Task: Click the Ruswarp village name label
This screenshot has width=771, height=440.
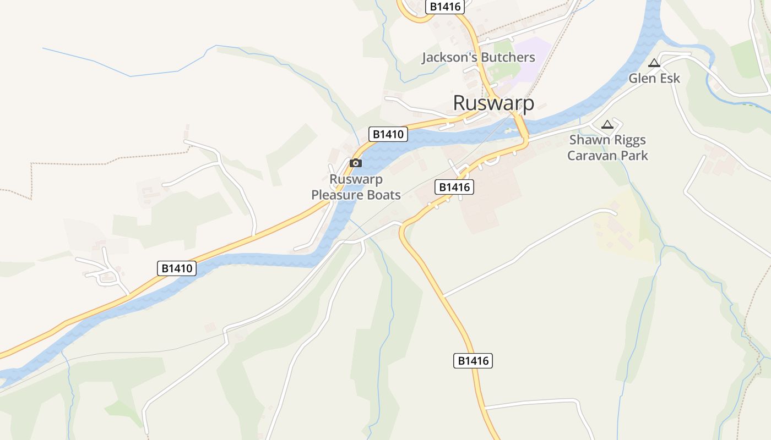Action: coord(493,103)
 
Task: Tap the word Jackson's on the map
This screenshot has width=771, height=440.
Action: coord(449,58)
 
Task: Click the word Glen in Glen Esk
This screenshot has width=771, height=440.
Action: coord(642,79)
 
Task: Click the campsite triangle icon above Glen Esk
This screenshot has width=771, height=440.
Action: coord(654,63)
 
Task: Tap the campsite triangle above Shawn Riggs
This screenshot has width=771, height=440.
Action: coord(607,125)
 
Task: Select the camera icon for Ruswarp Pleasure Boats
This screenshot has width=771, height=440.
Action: coord(356,163)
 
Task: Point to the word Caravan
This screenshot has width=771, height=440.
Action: coord(593,156)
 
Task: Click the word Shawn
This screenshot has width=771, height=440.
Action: coord(589,140)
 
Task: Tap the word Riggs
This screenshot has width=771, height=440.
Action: coord(629,140)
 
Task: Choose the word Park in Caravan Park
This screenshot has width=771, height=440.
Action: coord(635,156)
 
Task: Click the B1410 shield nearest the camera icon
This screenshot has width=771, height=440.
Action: coord(388,134)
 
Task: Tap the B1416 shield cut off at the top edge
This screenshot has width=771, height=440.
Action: coord(445,7)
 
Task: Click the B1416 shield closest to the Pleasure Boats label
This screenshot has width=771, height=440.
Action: coord(454,188)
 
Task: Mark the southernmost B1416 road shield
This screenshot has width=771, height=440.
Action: coord(473,361)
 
